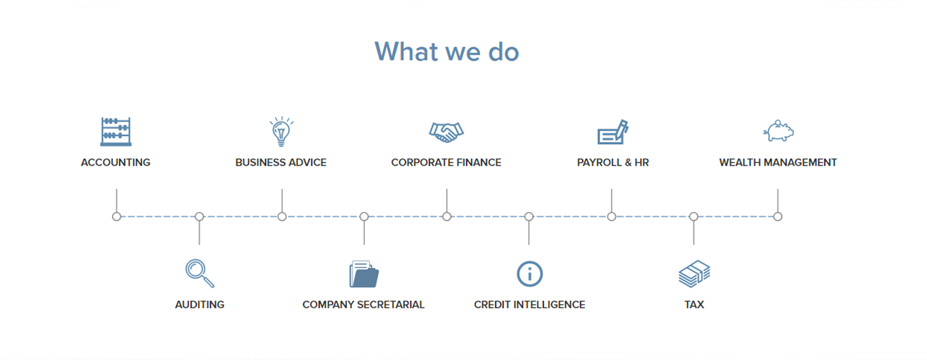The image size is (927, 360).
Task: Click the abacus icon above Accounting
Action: [116, 132]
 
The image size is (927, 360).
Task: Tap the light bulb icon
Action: [281, 132]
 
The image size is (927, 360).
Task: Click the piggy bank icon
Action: [778, 131]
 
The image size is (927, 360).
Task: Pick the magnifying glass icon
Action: [200, 273]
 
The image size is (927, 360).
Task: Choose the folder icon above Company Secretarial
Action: [364, 274]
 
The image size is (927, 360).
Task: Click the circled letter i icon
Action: [529, 274]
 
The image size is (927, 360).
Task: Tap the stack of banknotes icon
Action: [694, 274]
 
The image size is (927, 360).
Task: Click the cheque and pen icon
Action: [613, 132]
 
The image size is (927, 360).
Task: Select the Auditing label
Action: [200, 305]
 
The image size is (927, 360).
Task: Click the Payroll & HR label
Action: [613, 162]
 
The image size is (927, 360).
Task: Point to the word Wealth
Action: [740, 162]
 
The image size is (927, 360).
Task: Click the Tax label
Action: [694, 305]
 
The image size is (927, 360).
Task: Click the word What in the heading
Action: [407, 51]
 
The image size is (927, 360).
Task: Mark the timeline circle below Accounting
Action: [116, 216]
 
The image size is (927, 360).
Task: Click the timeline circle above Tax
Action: [694, 216]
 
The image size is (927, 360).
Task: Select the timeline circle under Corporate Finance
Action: [447, 216]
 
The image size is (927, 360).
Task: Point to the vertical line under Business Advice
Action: [282, 201]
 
